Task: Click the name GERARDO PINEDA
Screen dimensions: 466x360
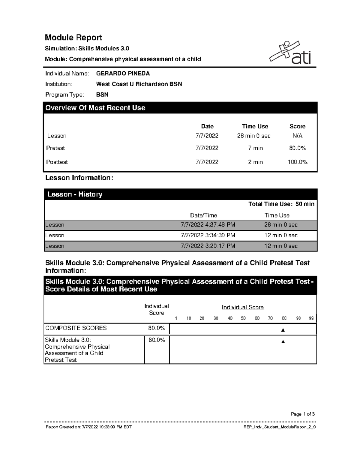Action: (123, 74)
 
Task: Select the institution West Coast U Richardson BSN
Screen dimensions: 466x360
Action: (139, 84)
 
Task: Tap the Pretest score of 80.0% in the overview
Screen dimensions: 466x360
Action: (297, 148)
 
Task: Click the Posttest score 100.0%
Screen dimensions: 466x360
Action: (297, 162)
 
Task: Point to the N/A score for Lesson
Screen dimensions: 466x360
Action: (297, 136)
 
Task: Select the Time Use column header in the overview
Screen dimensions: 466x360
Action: (255, 126)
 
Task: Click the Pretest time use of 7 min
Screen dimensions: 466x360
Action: (255, 148)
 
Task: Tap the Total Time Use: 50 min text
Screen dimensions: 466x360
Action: (281, 204)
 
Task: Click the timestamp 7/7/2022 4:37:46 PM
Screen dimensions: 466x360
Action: (208, 225)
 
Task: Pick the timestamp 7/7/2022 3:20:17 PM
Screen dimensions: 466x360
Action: (208, 246)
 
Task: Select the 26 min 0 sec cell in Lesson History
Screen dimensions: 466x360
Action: (281, 225)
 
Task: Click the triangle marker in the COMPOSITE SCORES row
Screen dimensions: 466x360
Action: (283, 330)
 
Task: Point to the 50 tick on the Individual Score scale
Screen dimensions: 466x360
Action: (243, 318)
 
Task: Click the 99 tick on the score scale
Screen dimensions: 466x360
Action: (311, 318)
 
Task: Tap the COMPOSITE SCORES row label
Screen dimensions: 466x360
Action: (76, 328)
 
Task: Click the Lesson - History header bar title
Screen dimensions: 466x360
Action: (75, 194)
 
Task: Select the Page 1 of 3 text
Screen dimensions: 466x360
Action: (302, 414)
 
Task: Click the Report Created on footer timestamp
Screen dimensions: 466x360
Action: (88, 427)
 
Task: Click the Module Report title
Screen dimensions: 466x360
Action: (73, 38)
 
